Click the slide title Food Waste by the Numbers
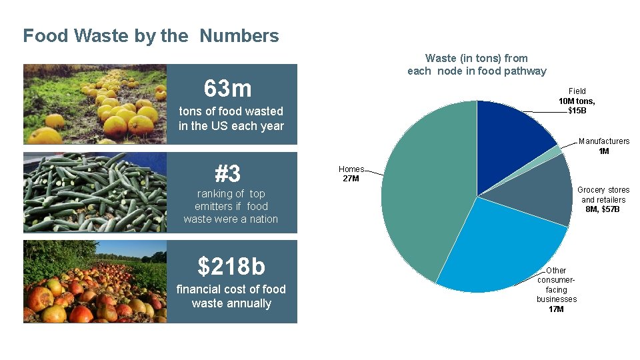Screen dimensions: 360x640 (x=151, y=35)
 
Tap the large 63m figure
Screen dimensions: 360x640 (x=228, y=88)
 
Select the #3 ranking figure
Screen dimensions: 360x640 (x=228, y=174)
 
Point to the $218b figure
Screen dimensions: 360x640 (x=231, y=266)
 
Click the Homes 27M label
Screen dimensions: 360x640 (x=351, y=173)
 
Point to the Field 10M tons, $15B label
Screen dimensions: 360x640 (x=577, y=100)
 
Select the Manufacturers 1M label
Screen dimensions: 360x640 (x=603, y=146)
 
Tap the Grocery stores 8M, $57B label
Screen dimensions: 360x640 (x=603, y=199)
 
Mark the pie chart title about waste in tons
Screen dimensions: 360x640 (x=477, y=65)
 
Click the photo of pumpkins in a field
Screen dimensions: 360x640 (x=95, y=104)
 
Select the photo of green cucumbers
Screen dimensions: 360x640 (x=95, y=192)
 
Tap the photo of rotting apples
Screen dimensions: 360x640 (x=95, y=281)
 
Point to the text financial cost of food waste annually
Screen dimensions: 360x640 (x=231, y=296)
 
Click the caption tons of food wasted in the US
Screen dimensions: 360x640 (x=231, y=119)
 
